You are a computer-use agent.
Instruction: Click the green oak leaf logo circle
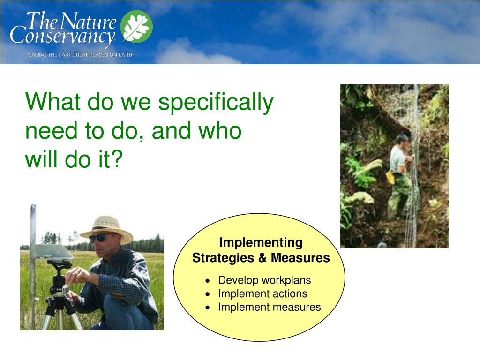coord(136,26)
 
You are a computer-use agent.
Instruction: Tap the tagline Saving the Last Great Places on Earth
coord(82,55)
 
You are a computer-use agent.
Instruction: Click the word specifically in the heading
coord(216,102)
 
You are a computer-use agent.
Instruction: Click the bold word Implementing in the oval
coord(261,243)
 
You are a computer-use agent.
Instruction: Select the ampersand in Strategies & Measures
coord(262,258)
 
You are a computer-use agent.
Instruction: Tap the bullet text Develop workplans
coord(264,280)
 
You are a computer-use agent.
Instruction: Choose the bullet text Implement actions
coord(262,293)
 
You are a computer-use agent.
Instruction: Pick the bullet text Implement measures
coord(270,307)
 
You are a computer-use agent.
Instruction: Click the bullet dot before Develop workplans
coord(208,281)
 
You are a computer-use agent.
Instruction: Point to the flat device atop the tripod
coord(54,252)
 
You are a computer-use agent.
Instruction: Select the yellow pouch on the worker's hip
coord(390,178)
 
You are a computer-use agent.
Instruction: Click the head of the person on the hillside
coord(402,141)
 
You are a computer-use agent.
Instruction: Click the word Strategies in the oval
coord(223,258)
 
